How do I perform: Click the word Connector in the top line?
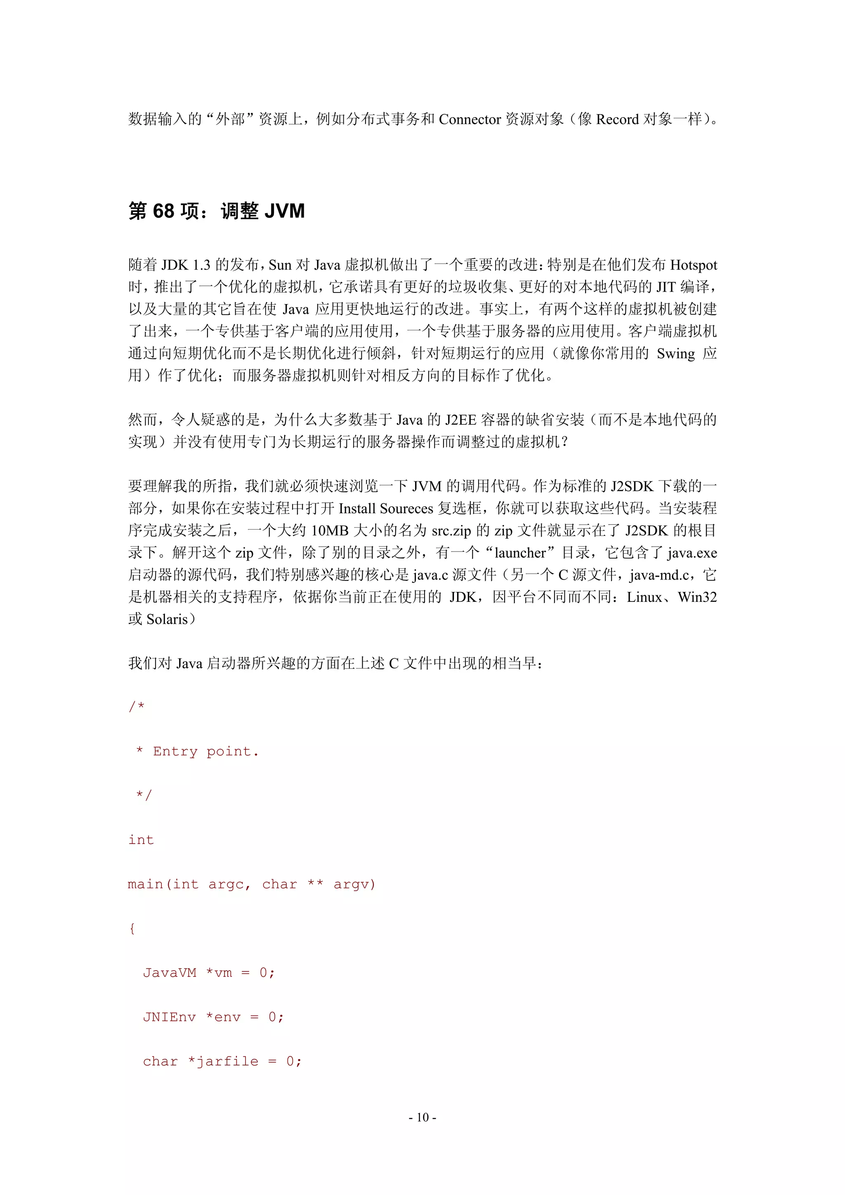470,120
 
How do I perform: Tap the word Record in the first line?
617,120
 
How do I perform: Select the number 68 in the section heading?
163,211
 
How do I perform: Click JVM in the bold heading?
284,211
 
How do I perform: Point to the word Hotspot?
693,265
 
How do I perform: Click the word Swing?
675,354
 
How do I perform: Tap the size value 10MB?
330,530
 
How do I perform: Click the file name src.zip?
451,530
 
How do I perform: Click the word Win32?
697,597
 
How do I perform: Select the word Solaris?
167,619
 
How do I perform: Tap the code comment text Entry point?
205,751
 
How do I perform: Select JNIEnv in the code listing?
169,1017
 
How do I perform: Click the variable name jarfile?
227,1061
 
